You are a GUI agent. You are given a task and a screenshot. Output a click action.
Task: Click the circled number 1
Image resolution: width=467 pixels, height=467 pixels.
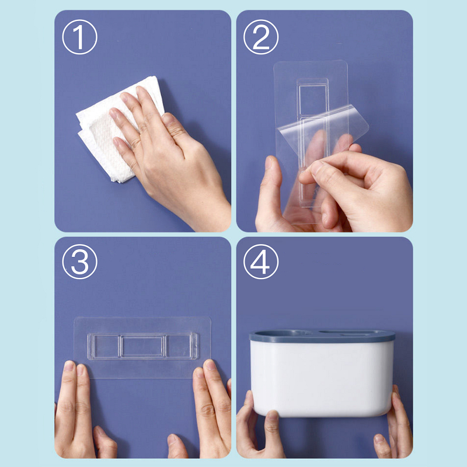click(80, 37)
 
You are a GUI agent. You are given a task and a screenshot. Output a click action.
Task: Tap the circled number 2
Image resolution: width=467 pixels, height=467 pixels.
click(261, 37)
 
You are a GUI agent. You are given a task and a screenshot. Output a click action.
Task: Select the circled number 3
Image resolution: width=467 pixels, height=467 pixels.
click(80, 262)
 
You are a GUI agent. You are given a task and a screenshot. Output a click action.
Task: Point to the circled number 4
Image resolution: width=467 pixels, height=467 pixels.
click(261, 262)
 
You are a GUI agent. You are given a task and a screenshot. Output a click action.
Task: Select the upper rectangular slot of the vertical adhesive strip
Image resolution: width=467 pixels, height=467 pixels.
click(313, 100)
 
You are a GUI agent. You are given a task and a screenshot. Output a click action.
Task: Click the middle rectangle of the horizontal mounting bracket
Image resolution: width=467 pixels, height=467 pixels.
click(142, 346)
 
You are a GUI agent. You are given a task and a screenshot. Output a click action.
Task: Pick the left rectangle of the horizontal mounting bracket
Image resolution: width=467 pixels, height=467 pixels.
click(106, 346)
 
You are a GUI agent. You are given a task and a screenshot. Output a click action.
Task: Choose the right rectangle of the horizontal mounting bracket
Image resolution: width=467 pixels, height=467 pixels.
click(178, 346)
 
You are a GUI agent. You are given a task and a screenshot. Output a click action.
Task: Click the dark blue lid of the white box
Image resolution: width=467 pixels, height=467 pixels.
click(322, 336)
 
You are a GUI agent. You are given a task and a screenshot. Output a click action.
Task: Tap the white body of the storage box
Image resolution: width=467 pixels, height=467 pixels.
click(322, 378)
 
